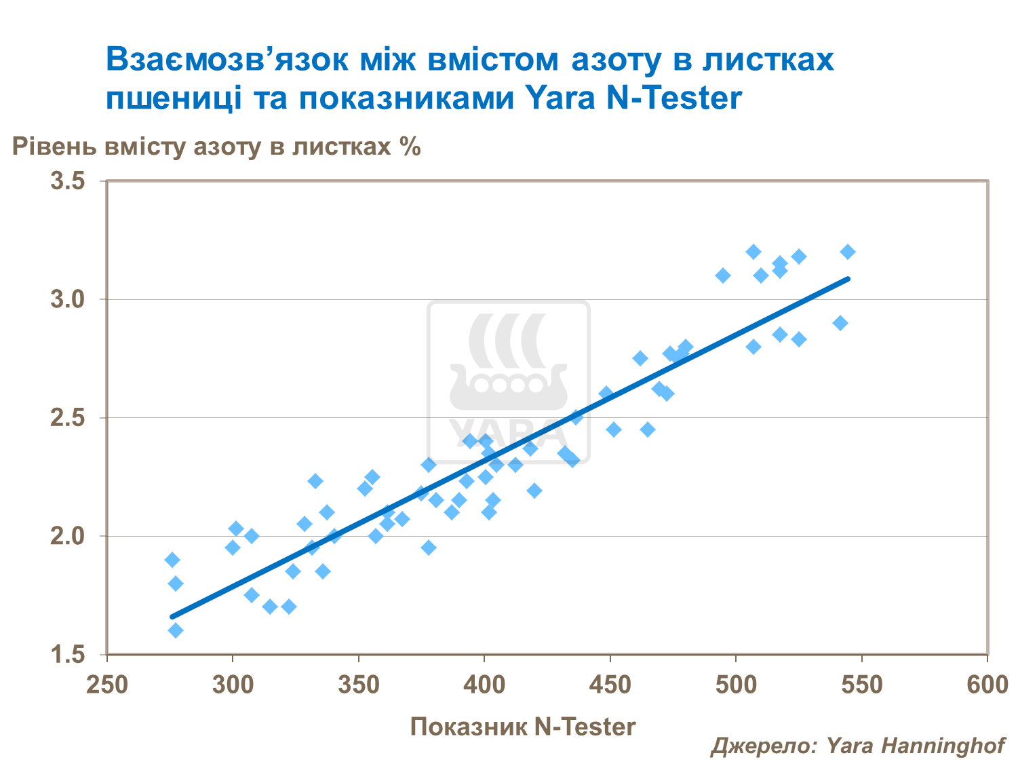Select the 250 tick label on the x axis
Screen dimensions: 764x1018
[107, 685]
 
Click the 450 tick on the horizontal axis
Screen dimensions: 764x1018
[610, 685]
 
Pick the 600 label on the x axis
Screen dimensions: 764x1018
[987, 685]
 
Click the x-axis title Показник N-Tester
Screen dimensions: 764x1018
[523, 727]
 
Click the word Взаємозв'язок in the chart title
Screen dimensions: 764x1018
[227, 60]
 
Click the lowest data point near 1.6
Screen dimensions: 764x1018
[176, 630]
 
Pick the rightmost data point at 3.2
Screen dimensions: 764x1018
[848, 252]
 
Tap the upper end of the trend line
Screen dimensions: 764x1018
[848, 278]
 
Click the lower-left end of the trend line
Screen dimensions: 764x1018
[172, 617]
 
